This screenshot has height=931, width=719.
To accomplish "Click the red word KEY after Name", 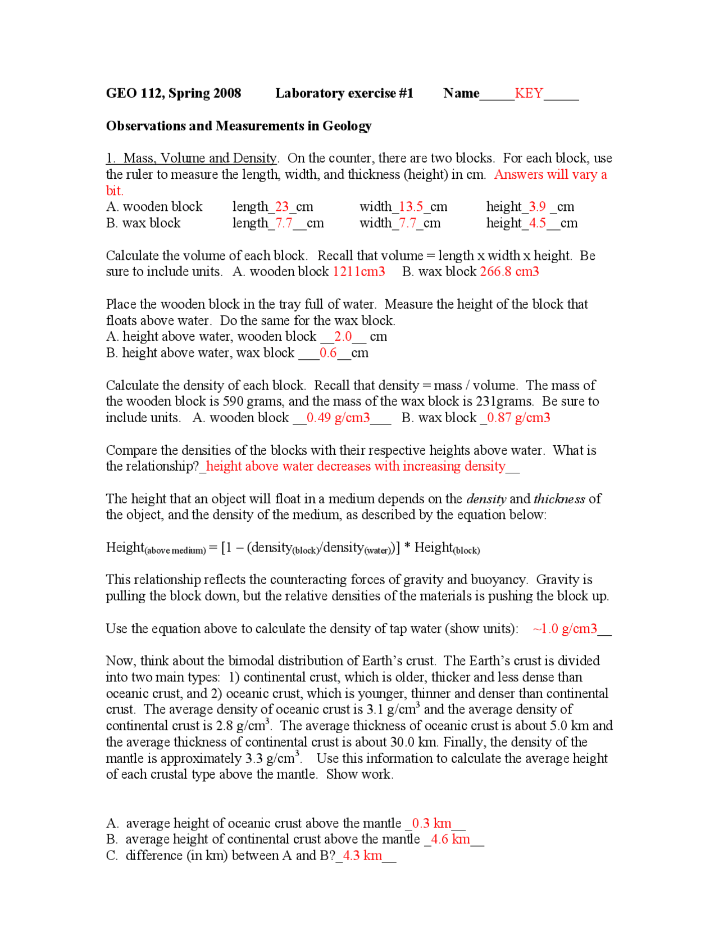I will tap(529, 93).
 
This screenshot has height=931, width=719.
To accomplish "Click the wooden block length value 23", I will tap(282, 207).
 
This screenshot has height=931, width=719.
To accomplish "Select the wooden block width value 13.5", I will tap(411, 207).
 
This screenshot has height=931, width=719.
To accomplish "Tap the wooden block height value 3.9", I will tap(537, 207).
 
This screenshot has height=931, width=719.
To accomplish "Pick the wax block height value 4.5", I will tap(537, 223).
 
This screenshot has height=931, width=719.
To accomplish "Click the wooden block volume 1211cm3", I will tap(359, 272).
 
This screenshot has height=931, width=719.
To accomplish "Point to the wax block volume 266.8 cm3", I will tap(509, 272).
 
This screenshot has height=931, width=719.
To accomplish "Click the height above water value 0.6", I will tap(328, 353).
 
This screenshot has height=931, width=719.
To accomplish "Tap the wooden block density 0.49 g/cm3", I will tap(338, 418).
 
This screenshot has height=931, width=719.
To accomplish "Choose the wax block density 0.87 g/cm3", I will tap(518, 418).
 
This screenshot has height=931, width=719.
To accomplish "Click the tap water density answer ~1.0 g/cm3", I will tap(565, 629).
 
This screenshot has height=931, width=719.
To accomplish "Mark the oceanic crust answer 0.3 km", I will tap(431, 824).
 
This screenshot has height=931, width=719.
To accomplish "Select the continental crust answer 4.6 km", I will tap(450, 840).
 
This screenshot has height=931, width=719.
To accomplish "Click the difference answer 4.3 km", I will tap(362, 856).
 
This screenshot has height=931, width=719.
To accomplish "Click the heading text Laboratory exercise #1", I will tap(344, 93).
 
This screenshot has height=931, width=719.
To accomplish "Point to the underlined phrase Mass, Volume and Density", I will tap(199, 159).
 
